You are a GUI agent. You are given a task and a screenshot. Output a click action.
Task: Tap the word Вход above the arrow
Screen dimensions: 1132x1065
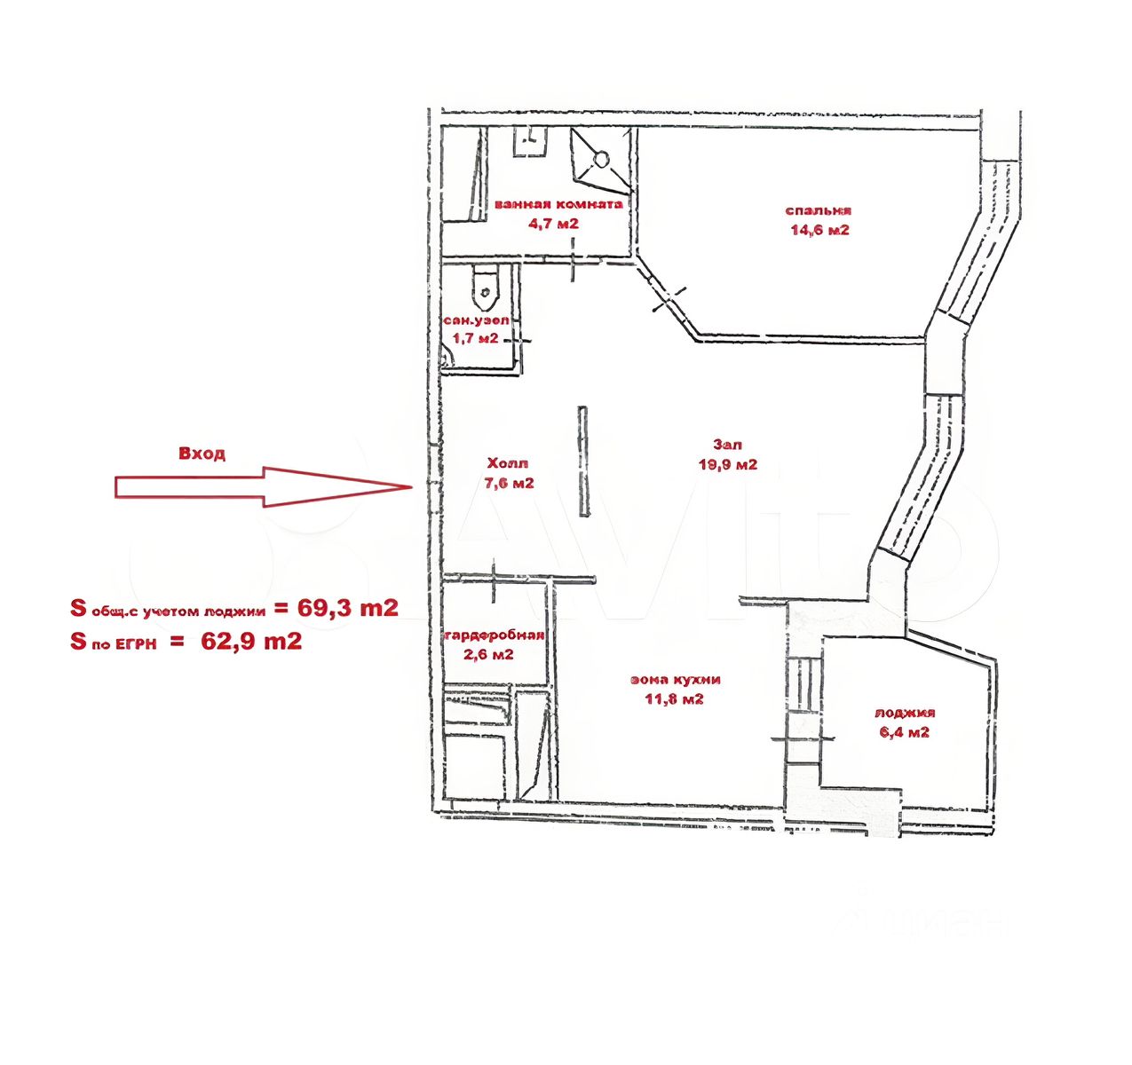202,454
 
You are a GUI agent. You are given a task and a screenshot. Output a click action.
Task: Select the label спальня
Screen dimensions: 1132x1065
818,211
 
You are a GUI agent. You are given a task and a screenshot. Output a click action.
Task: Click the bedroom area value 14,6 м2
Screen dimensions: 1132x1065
819,231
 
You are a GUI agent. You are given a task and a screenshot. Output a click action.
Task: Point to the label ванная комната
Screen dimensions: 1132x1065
558,203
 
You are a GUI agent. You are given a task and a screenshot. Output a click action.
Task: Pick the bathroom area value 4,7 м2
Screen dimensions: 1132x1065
553,224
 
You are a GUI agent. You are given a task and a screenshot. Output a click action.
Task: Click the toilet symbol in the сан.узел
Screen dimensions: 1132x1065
484,285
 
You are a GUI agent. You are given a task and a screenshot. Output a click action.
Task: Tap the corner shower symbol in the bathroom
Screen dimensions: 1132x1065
601,160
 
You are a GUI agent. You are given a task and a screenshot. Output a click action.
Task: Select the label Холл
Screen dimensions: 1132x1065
507,463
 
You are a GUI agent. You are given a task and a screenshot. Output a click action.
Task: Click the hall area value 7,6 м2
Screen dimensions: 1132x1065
509,484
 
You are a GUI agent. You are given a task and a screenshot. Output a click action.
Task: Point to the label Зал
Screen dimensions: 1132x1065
726,445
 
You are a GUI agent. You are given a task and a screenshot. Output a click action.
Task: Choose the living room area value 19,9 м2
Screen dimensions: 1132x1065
727,464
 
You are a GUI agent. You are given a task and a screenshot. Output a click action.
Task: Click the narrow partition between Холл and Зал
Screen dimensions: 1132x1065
583,461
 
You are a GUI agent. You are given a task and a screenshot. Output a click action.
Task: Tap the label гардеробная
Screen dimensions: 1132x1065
494,635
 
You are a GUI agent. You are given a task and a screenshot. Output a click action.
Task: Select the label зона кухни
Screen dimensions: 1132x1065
676,680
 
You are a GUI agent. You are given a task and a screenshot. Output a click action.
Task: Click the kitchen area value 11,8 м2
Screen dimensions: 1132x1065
674,699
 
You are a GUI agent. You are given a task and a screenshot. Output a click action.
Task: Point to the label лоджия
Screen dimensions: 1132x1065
905,713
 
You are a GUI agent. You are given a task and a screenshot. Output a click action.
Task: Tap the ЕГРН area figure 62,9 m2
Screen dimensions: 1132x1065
251,642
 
